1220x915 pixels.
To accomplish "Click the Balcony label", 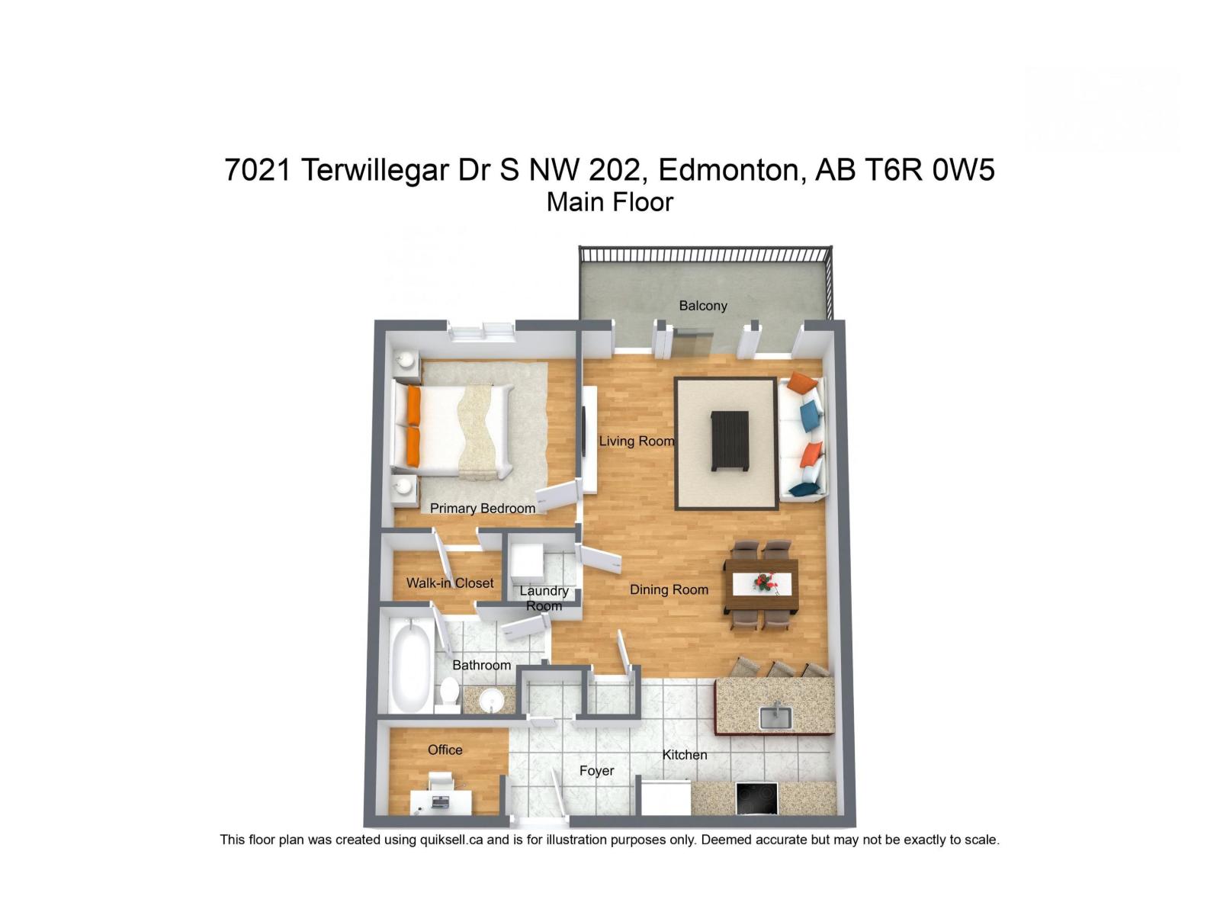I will (702, 306).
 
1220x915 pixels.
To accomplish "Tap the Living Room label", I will (636, 441).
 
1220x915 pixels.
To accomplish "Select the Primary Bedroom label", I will (482, 509).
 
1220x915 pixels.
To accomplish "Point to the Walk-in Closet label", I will (449, 583).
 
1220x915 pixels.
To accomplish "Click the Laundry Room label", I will (544, 599).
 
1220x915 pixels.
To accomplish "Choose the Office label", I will (445, 750).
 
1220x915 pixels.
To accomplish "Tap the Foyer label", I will (596, 771).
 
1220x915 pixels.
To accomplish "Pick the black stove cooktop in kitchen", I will (756, 798).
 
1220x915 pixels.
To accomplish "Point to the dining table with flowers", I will (761, 584).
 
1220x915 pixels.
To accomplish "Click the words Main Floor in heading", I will (609, 202).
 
